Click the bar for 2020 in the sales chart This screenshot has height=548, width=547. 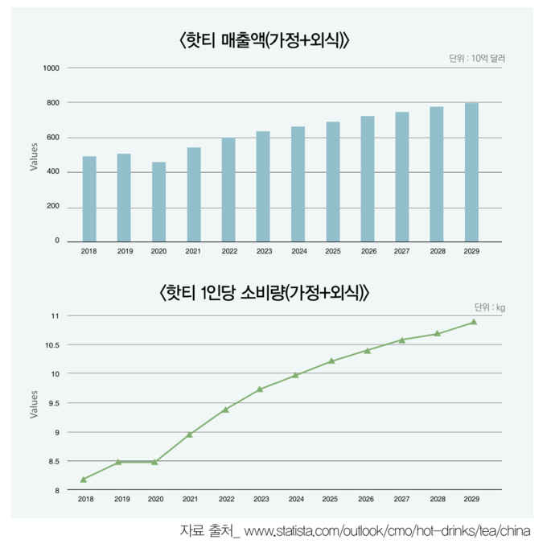[x=158, y=201]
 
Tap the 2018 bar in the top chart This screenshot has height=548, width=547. [x=89, y=198]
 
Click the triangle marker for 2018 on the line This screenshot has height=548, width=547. [x=84, y=480]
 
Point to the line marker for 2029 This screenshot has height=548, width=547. [x=473, y=322]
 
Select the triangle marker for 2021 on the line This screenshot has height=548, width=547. [x=190, y=435]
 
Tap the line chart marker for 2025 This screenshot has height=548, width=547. [x=331, y=361]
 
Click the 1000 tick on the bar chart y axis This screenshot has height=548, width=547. [x=51, y=68]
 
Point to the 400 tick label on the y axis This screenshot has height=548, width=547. [x=53, y=172]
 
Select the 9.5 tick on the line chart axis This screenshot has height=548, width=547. [x=55, y=403]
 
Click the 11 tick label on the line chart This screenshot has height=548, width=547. [x=56, y=316]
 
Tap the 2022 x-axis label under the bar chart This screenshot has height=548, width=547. [x=229, y=252]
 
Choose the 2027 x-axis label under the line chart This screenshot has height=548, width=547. [x=401, y=500]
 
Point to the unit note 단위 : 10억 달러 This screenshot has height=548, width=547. [x=480, y=58]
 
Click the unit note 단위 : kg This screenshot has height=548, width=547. [x=490, y=307]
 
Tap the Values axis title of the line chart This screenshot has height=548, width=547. [x=34, y=403]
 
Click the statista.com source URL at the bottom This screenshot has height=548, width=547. [x=387, y=532]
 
